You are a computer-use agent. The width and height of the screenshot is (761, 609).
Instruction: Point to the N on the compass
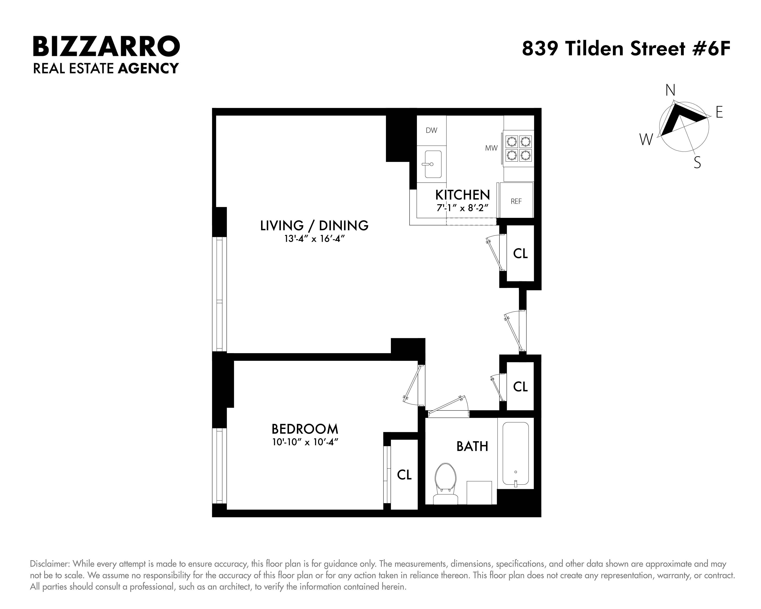click(670, 90)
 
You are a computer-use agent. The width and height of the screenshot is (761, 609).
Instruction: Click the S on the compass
click(697, 163)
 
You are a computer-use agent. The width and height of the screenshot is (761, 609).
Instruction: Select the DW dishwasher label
click(431, 130)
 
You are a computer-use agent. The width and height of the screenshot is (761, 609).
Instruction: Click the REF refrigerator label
click(516, 201)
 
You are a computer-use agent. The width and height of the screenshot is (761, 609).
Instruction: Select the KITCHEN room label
click(462, 195)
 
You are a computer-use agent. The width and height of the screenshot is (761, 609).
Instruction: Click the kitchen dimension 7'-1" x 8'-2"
click(462, 208)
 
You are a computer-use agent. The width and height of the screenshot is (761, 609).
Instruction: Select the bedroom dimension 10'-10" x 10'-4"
click(305, 442)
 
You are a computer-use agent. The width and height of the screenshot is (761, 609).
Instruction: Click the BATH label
click(472, 447)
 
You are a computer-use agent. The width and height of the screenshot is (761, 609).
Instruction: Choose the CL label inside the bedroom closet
click(404, 475)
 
